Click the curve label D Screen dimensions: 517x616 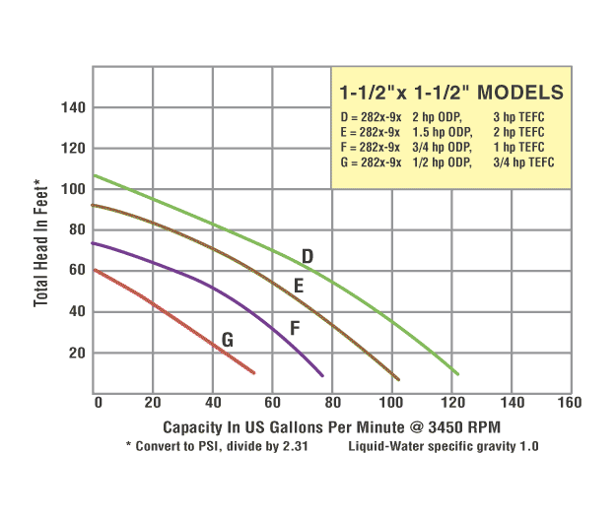[x=308, y=257]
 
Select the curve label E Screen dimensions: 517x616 [x=299, y=287]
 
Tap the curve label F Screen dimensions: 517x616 [x=294, y=328]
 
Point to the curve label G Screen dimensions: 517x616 [x=228, y=341]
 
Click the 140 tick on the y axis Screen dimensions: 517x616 [x=74, y=106]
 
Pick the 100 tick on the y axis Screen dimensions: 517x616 [x=74, y=188]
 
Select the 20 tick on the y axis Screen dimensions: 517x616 [x=78, y=353]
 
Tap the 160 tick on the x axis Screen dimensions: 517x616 [x=569, y=402]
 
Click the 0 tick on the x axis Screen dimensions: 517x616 [x=98, y=402]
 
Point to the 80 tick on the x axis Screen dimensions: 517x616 [x=333, y=402]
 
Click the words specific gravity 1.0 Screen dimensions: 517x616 [x=484, y=446]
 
